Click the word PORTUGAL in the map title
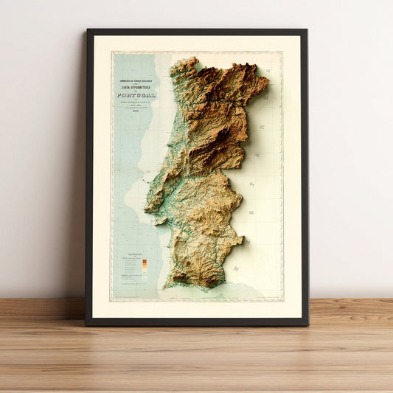(x=136, y=94)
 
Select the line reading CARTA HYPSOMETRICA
(x=136, y=86)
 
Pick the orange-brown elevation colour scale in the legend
(x=145, y=266)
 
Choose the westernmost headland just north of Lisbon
(x=145, y=209)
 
